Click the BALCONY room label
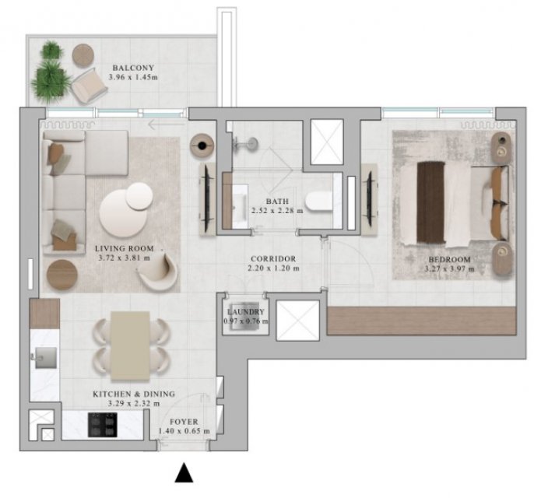133,68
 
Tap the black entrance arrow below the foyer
184,473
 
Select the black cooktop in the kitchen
103,425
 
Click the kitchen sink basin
46,358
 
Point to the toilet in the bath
319,202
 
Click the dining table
130,345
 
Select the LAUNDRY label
245,312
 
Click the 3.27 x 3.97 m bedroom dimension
449,269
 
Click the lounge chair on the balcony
90,86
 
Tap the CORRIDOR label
273,259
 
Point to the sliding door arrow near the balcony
167,125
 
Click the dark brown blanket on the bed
430,203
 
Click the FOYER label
184,422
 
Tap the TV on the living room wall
207,198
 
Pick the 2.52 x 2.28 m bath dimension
277,211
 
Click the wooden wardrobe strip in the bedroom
422,321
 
